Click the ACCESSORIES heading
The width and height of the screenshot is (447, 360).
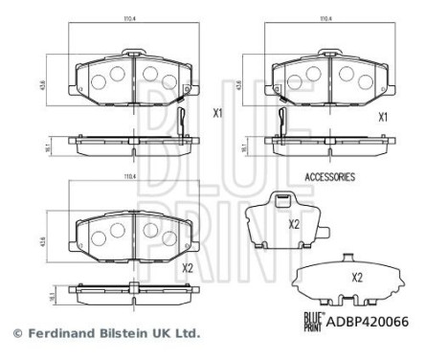coord(328,177)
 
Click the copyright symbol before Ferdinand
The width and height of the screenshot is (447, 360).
coord(15,334)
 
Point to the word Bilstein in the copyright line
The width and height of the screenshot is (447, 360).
coord(113,334)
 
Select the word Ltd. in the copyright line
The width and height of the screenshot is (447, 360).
coord(185,334)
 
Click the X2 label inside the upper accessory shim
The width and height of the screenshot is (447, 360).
coord(295,225)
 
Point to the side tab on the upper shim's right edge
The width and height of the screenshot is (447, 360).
coord(325,230)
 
